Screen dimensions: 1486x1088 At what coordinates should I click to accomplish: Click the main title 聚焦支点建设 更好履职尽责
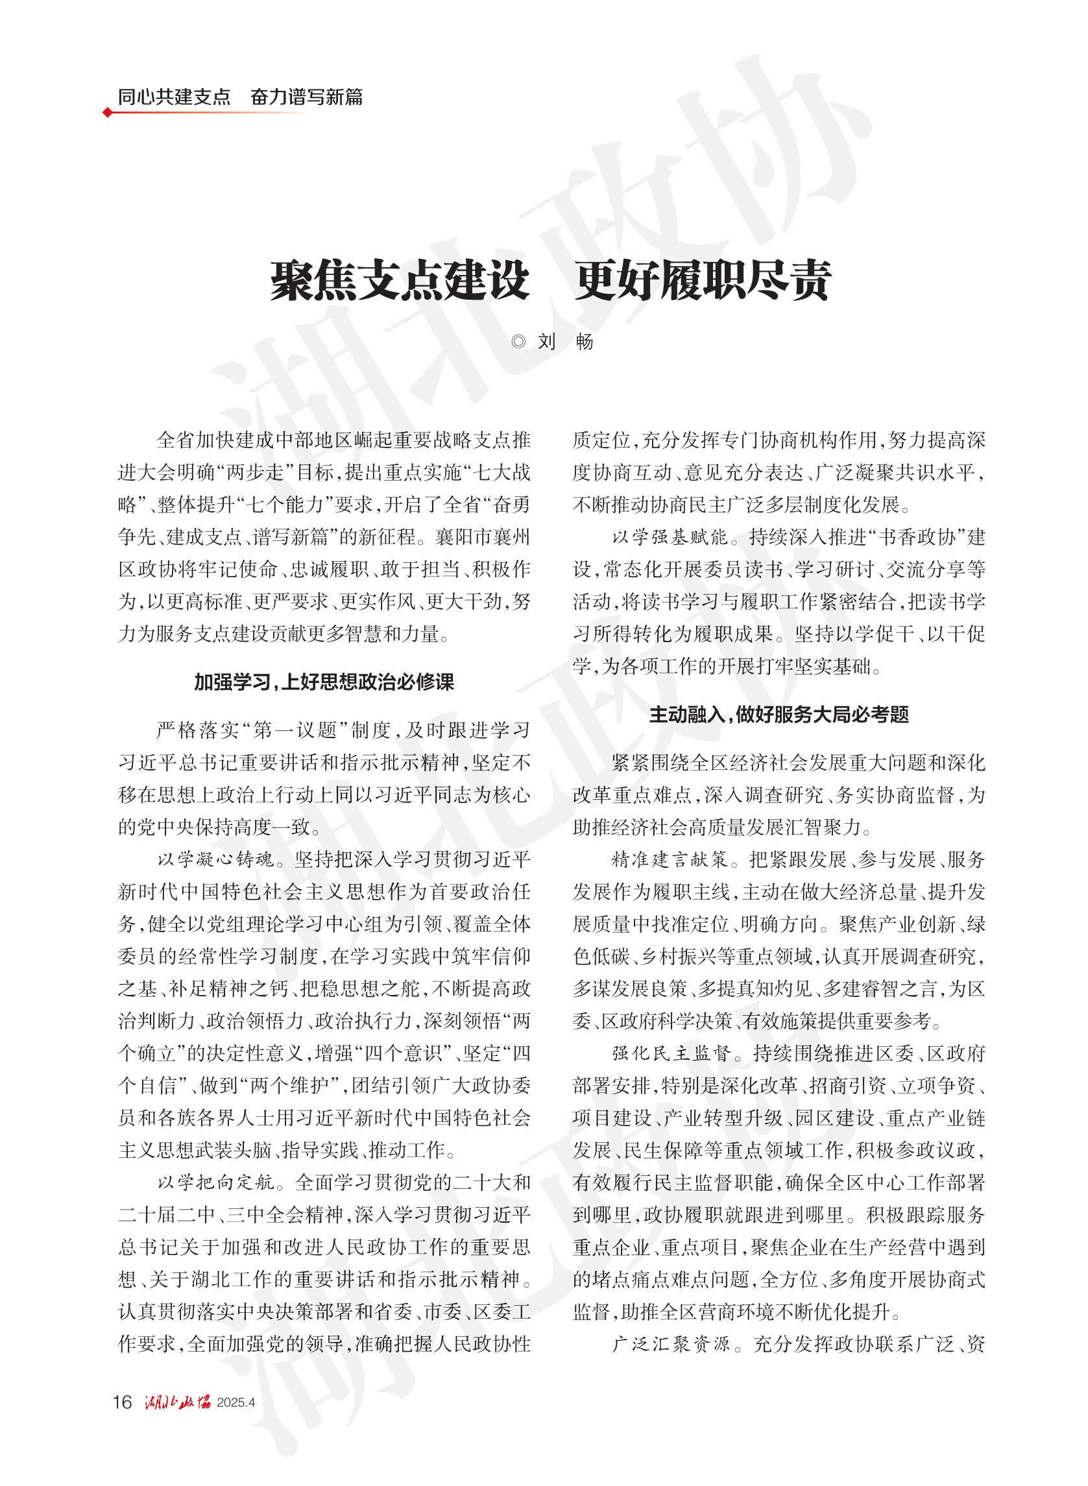(550, 281)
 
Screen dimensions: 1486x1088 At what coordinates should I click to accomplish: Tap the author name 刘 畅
(565, 342)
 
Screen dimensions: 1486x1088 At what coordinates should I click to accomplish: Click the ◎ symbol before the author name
(518, 342)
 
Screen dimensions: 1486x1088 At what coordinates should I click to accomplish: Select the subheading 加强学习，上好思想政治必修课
(324, 682)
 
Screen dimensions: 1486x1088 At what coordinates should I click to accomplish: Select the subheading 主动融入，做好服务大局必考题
(779, 714)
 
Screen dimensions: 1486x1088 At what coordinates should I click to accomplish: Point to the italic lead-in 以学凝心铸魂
(215, 860)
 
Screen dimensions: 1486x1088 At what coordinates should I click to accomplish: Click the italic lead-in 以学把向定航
(215, 1182)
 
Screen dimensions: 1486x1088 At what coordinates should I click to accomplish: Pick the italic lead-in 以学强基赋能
(670, 537)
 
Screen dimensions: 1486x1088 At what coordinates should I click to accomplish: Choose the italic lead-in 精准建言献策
(670, 860)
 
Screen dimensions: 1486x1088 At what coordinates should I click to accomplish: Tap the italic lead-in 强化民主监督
(671, 1053)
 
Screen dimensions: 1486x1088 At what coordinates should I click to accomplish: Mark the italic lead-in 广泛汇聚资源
(671, 1344)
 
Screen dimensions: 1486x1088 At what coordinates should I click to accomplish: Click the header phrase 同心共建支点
(174, 97)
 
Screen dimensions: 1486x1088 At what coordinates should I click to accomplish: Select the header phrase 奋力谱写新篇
(306, 97)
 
